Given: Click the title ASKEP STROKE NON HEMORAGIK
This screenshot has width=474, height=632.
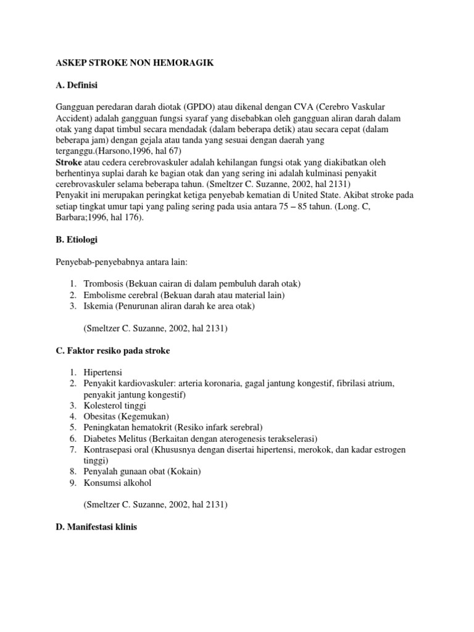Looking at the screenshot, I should [x=135, y=64].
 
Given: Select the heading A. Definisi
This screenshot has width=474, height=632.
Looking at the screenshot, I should [x=77, y=85].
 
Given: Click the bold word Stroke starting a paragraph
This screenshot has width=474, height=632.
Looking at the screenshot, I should [x=69, y=162].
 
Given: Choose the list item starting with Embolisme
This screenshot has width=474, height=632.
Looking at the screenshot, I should [x=184, y=295].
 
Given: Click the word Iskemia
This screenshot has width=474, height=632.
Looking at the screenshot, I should [x=99, y=306].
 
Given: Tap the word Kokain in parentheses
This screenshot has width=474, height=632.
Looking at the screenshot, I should [x=185, y=472].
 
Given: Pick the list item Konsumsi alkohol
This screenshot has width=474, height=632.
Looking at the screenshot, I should [x=118, y=483].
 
